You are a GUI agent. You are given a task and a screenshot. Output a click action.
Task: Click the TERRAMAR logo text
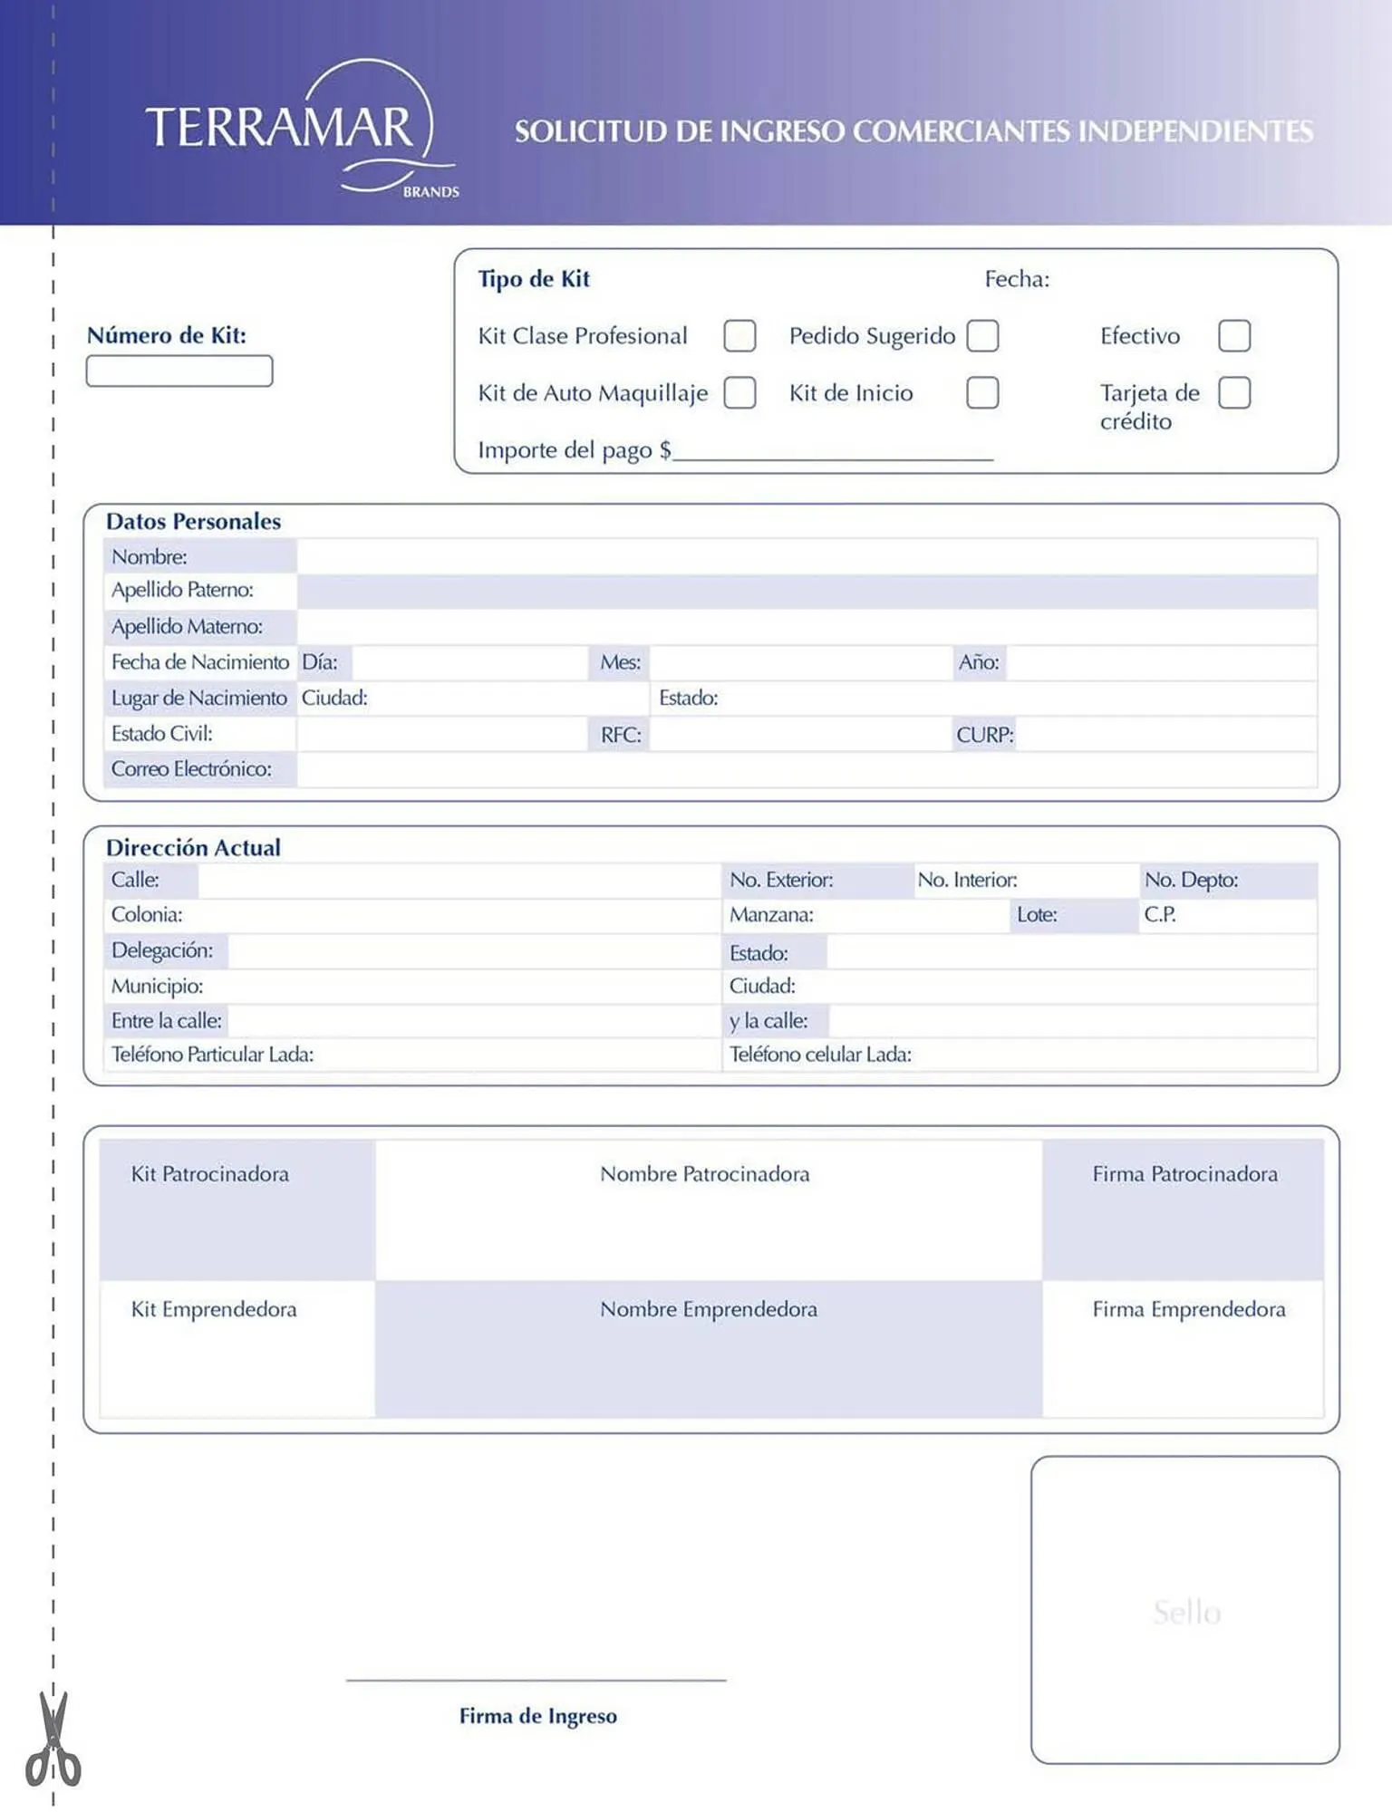[278, 127]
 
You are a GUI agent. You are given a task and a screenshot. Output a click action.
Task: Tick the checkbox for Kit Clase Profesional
[739, 335]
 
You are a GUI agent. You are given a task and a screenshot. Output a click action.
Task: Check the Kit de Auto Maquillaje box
[739, 392]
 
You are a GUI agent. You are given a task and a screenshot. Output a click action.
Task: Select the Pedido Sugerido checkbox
[982, 335]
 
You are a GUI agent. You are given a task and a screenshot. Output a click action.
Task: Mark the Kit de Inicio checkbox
[982, 392]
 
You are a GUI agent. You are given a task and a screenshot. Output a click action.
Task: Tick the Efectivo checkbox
[1233, 335]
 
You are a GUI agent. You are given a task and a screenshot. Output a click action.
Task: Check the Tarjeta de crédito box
[1233, 392]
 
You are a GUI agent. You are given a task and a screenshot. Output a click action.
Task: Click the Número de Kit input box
[179, 371]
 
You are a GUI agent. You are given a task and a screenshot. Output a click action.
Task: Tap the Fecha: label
[1017, 279]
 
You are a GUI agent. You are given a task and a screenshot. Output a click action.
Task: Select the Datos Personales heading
[193, 522]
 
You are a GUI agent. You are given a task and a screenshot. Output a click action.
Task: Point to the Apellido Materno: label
[187, 626]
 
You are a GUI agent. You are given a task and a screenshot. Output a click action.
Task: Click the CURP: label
[984, 735]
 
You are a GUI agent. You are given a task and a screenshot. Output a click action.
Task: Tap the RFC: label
[621, 735]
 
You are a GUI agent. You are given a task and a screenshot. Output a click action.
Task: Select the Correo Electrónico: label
[191, 769]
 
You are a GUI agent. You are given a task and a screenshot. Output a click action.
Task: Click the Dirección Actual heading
[193, 848]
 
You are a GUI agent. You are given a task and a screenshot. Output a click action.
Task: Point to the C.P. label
[1159, 914]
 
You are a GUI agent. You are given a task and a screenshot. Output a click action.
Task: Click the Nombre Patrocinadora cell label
[704, 1174]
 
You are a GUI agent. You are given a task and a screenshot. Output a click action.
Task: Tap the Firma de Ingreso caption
[537, 1716]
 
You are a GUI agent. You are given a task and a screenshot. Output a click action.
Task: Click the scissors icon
[53, 1740]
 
